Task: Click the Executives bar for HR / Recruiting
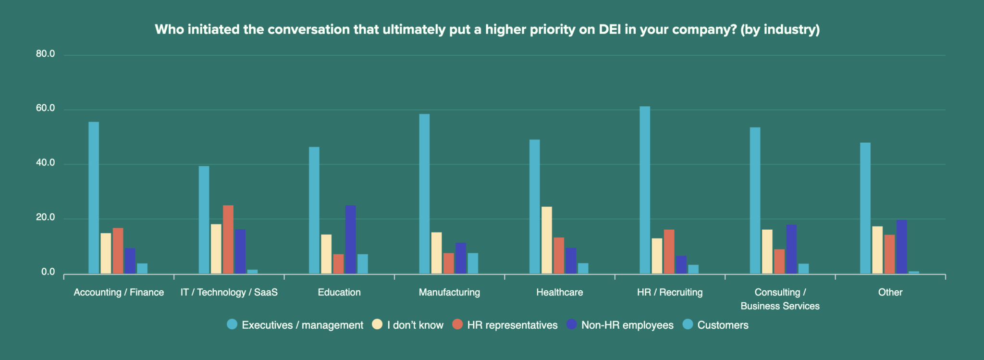[644, 190]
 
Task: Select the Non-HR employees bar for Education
[351, 239]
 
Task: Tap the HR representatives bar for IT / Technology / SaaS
[228, 239]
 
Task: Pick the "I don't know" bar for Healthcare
[547, 240]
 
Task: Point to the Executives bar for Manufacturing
[424, 194]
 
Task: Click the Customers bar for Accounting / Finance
[142, 268]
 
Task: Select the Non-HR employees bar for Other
[901, 247]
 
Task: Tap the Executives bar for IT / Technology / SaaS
[204, 220]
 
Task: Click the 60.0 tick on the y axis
[46, 109]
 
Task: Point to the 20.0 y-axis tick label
[46, 218]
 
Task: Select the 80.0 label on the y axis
[46, 54]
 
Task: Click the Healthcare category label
[559, 292]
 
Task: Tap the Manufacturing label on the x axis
[449, 292]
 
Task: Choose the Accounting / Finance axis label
[119, 292]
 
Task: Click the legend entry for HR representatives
[512, 325]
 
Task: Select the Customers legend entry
[722, 325]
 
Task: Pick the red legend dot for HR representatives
[457, 324]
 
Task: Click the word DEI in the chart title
[610, 30]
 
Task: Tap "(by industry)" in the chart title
[780, 30]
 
